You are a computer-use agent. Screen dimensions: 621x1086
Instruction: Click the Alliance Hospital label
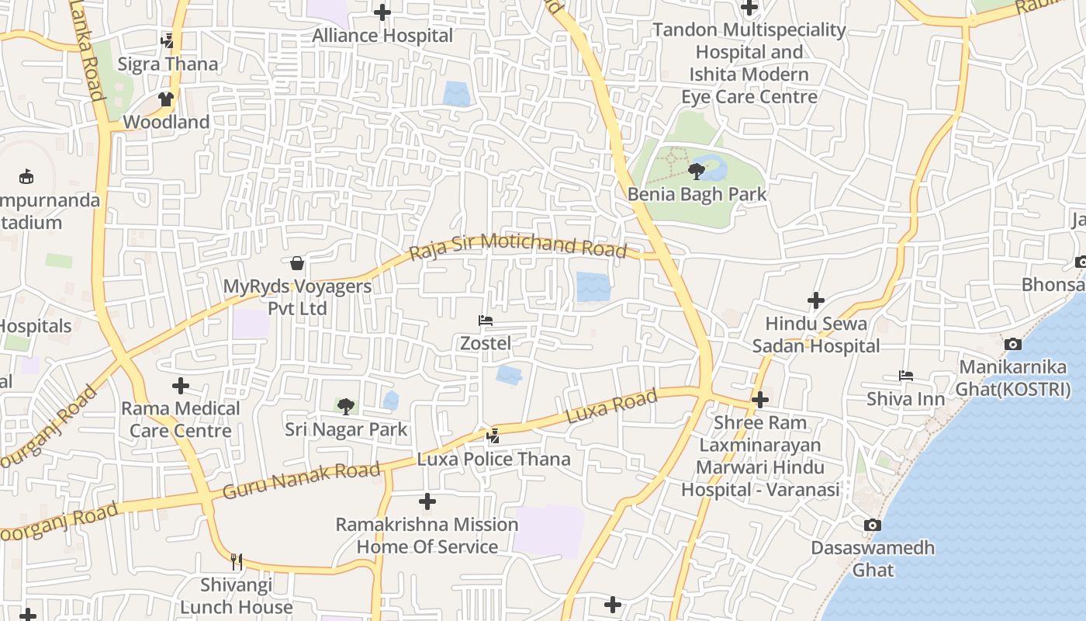tap(382, 36)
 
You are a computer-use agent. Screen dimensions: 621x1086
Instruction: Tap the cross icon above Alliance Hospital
tap(382, 12)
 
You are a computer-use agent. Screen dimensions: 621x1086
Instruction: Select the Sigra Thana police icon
tap(167, 40)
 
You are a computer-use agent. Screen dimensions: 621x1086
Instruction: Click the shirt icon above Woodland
tap(166, 99)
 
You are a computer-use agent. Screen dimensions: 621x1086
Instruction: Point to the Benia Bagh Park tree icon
tap(697, 172)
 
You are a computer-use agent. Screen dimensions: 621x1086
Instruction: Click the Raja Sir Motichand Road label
tap(517, 245)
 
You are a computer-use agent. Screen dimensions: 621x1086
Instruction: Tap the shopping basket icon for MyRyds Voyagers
tap(297, 263)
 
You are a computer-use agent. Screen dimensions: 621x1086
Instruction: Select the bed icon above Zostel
tap(486, 320)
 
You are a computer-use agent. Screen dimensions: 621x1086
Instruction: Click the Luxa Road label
tap(612, 407)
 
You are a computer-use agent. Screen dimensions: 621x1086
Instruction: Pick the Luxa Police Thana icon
tap(493, 436)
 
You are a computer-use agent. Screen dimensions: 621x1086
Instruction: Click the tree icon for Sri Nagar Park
tap(346, 406)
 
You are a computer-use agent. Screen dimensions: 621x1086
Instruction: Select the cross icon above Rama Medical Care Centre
tap(181, 385)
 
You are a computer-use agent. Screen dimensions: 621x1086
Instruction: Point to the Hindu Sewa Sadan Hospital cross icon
tap(816, 300)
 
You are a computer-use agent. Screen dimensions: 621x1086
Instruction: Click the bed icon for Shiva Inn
tap(905, 376)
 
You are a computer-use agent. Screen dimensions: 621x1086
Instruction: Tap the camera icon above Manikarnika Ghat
tap(1012, 344)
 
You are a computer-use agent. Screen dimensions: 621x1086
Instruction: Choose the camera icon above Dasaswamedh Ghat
tap(873, 526)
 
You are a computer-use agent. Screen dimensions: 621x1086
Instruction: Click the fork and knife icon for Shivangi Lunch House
tap(237, 561)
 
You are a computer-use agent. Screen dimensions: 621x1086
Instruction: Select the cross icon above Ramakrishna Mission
tap(427, 501)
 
